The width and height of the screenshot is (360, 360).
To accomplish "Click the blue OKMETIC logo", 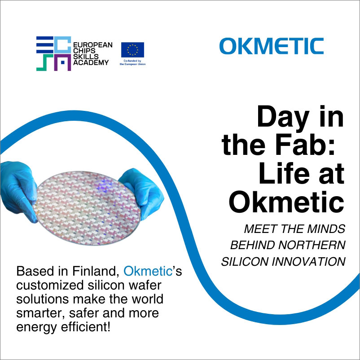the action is pos(272,46).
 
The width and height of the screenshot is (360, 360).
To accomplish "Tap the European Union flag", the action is pos(132,49).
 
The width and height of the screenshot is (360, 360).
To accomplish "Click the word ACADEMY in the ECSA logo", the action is pos(91,62).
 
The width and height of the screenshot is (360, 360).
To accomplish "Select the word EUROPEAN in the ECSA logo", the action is pos(93,45).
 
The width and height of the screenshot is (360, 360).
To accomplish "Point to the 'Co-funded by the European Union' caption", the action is pos(132,62).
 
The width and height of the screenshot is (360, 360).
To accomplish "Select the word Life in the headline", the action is pos(285,174).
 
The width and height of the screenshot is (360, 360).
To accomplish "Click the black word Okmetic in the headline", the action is pos(286,202).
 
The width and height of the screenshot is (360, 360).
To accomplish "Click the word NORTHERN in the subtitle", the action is pos(312,245).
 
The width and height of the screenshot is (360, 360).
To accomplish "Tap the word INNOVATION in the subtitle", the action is pos(309,262).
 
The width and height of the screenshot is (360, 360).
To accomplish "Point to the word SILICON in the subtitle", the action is pos(245,262).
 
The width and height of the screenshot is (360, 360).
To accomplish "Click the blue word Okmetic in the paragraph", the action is pos(148,271).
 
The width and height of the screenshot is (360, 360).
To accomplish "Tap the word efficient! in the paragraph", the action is pos(86,327).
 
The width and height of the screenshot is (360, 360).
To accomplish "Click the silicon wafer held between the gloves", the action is pos(87,208).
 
